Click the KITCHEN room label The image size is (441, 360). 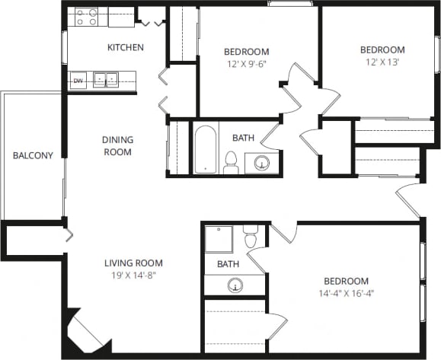(125, 48)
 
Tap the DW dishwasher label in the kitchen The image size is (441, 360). (78, 80)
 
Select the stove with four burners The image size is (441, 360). (86, 17)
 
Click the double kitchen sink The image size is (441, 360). (106, 79)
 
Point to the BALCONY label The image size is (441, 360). (33, 156)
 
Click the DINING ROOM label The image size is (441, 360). (117, 145)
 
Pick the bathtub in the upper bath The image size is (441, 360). (206, 148)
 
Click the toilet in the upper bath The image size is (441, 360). (230, 161)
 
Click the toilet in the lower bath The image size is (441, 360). (251, 237)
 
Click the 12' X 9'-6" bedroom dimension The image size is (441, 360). (246, 64)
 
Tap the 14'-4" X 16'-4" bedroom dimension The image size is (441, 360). (347, 292)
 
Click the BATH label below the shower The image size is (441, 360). (228, 264)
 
